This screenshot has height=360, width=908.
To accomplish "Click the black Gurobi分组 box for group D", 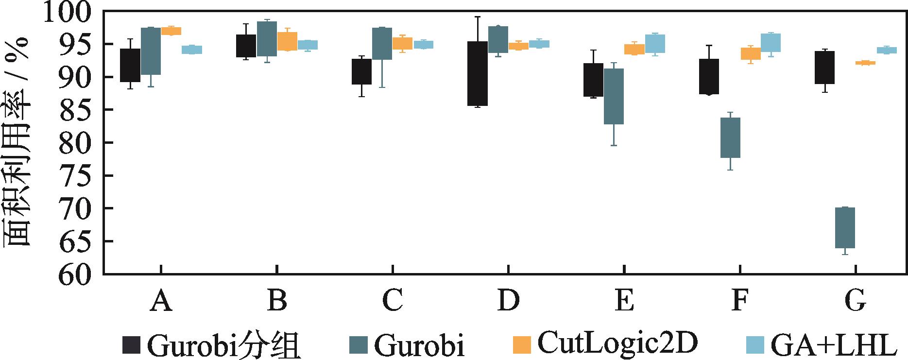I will coord(478,73).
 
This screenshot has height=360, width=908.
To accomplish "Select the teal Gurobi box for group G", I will coord(845,228).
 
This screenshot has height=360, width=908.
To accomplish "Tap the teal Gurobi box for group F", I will coord(730,137).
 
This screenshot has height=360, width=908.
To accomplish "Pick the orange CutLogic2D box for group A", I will coord(171,31).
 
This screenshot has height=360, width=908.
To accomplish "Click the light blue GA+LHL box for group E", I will coord(655,44).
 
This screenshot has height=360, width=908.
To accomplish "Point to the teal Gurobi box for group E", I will coord(614,96).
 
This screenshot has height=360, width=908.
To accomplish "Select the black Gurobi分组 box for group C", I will coord(362,71).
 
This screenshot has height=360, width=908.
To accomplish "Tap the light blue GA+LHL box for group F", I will coord(771,43).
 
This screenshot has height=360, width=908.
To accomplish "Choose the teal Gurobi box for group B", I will coord(267,39).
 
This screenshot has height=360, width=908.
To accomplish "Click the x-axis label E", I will coord(624,301).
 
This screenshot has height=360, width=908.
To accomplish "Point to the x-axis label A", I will coord(161,301).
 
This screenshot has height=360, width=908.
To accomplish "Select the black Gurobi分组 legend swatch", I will coord(131,345).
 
